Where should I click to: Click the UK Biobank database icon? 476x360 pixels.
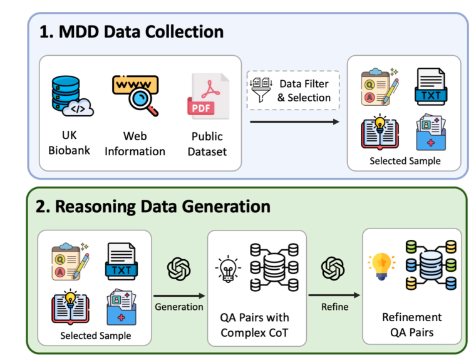pos(70,97)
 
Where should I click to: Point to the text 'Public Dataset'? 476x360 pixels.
pos(207,143)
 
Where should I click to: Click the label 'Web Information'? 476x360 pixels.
pos(135,143)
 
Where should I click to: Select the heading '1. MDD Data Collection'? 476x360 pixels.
pos(132,32)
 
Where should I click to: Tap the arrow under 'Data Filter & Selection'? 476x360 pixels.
pos(294,121)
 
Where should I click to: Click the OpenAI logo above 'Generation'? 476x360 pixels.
pos(178,269)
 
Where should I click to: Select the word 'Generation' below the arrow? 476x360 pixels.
pos(178,306)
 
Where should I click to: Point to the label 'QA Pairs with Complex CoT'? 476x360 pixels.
pos(256,325)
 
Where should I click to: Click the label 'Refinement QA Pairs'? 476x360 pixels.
pos(411,325)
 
